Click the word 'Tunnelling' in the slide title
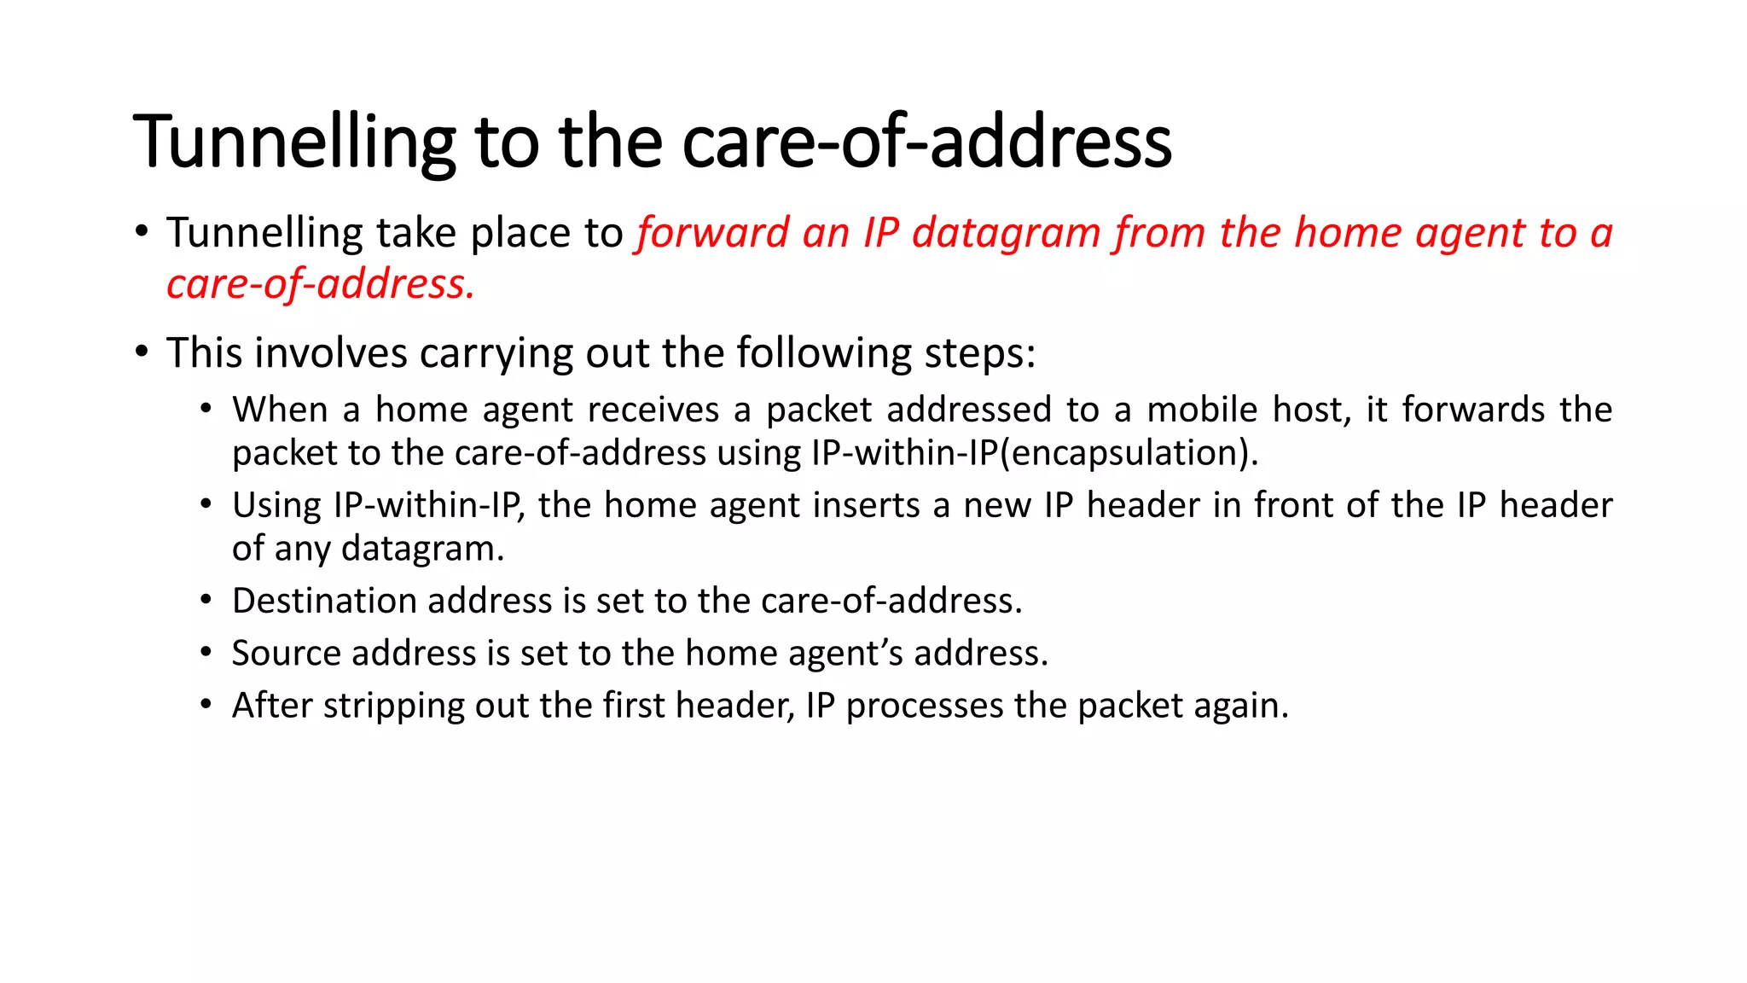pyautogui.click(x=294, y=143)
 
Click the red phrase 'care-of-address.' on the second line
pyautogui.click(x=320, y=284)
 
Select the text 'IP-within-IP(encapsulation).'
pyautogui.click(x=1035, y=453)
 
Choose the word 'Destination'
pyautogui.click(x=324, y=602)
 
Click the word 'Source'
pyautogui.click(x=286, y=654)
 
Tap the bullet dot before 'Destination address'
pyautogui.click(x=206, y=601)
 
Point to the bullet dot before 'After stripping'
pyautogui.click(x=206, y=706)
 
